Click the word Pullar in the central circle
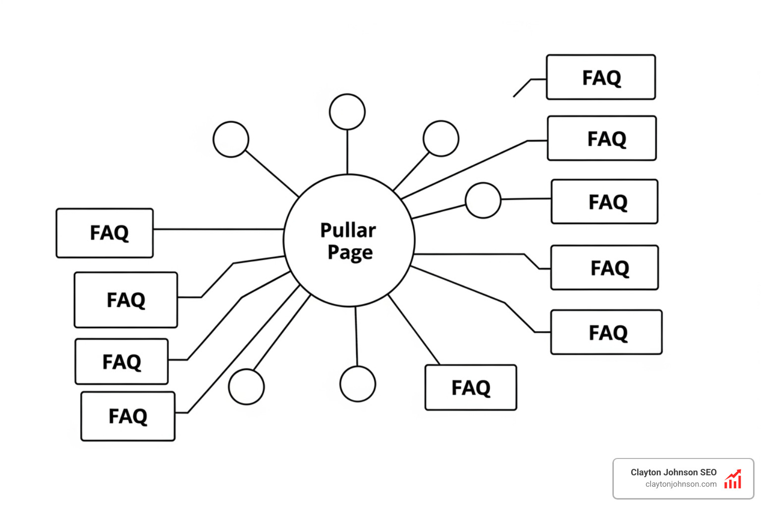click(348, 230)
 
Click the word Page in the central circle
click(350, 252)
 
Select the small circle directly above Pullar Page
click(347, 112)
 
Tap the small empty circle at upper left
click(231, 139)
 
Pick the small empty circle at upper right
click(441, 139)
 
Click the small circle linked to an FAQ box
click(483, 200)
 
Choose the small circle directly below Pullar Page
click(358, 384)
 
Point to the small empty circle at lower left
click(246, 387)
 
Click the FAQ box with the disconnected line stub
click(600, 77)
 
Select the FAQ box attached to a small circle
click(604, 202)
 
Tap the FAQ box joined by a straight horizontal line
click(105, 233)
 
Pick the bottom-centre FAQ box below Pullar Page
click(471, 388)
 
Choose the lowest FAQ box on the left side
click(128, 416)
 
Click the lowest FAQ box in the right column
click(606, 332)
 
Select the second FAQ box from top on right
click(601, 139)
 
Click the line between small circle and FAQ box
click(526, 199)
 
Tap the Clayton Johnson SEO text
click(673, 472)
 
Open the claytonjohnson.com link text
click(681, 484)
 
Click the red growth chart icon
click(733, 479)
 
